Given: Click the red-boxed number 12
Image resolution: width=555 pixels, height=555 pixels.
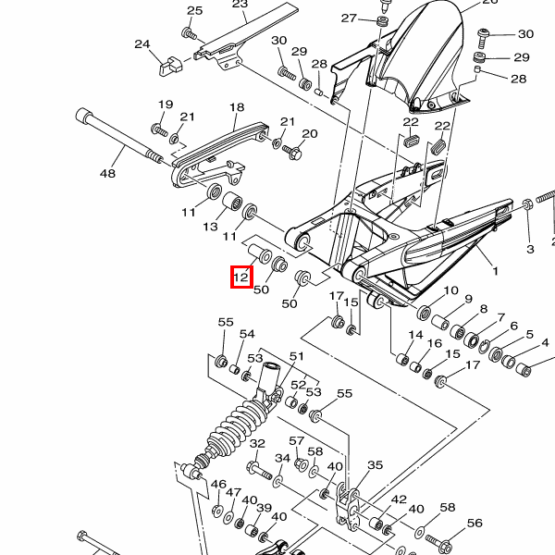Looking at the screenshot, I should (240, 276).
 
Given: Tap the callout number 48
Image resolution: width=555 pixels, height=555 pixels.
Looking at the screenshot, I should (107, 173).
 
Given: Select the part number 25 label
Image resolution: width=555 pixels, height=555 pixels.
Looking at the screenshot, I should (194, 11).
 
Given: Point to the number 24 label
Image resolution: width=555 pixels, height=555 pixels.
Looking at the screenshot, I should (142, 43).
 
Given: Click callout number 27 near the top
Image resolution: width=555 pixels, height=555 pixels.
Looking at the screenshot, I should (349, 18).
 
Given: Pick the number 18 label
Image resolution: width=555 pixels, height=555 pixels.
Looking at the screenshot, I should (236, 107).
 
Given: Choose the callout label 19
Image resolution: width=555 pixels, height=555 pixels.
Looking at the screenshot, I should (166, 105).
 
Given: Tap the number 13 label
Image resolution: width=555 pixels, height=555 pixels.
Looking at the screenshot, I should (211, 227).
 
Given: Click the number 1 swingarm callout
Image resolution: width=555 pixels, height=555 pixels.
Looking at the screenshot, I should (495, 272).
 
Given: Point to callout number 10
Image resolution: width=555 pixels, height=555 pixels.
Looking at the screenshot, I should (450, 290).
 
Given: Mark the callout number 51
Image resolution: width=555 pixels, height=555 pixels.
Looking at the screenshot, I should (296, 356).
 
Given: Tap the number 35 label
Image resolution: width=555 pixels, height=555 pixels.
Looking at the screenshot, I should (375, 465).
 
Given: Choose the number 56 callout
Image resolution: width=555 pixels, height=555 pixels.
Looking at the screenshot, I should (475, 524).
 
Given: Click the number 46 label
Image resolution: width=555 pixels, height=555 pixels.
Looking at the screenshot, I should (218, 485).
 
